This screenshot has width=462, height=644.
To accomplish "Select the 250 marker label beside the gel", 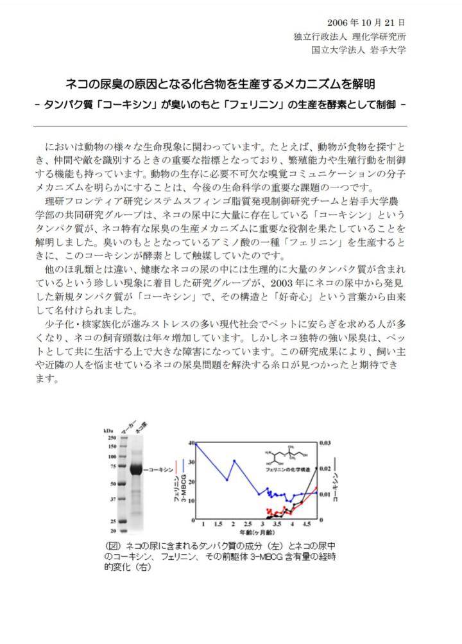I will point(111,437).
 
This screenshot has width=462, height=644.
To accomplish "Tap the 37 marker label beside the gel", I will point(113,499).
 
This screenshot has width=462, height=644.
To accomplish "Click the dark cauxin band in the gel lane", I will point(137,469).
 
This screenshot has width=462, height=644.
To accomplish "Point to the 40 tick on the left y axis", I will point(191,443).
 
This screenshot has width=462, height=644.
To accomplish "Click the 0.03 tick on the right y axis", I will point(326,443).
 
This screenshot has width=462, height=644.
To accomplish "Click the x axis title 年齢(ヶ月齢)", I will point(256,533).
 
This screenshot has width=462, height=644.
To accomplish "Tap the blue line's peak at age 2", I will point(234,460).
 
